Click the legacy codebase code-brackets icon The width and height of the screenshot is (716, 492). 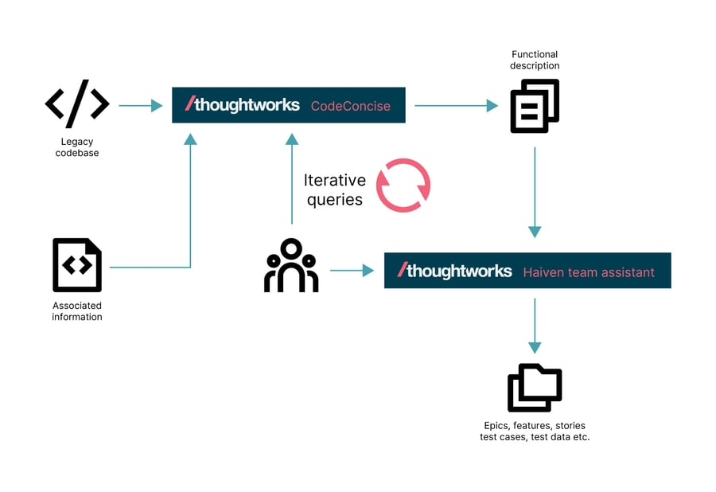[77, 104]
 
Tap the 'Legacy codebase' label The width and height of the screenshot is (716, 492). [77, 147]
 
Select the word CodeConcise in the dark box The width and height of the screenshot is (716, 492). [350, 106]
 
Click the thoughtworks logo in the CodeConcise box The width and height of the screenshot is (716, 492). [243, 104]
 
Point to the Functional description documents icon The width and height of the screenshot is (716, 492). [535, 106]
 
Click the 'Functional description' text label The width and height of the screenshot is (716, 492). [535, 60]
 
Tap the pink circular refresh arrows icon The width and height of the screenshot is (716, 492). [403, 185]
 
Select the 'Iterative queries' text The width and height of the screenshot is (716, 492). [335, 189]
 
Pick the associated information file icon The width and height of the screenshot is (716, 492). [77, 265]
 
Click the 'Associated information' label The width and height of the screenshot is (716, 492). [77, 311]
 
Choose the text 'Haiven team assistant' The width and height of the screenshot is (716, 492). [589, 272]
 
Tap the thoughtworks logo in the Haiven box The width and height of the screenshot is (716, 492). [455, 271]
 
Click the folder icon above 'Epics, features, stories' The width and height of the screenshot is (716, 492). [535, 388]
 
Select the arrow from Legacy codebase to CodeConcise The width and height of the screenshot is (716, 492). [140, 105]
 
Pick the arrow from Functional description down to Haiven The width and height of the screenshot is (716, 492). [535, 191]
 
